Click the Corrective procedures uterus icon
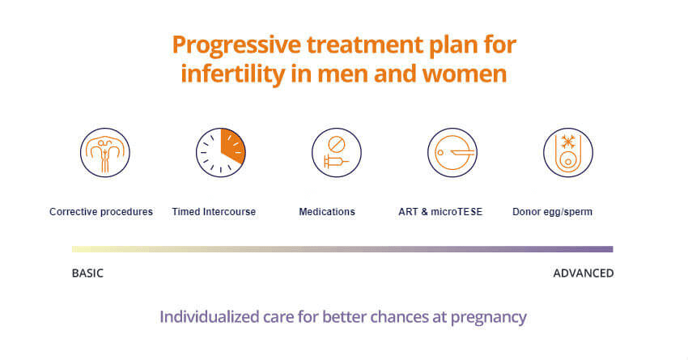click(105, 153)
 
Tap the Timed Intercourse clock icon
click(221, 153)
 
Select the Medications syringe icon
click(337, 153)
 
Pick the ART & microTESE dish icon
click(452, 153)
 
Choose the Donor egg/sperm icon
click(568, 153)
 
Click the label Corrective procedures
click(101, 212)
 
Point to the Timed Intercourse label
click(214, 212)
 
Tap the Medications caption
click(327, 212)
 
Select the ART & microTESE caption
click(440, 212)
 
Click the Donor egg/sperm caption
click(552, 212)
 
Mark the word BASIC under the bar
click(87, 273)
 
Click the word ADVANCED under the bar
click(584, 273)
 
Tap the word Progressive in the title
click(236, 45)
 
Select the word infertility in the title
click(233, 74)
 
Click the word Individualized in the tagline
click(210, 316)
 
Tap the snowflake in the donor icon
click(568, 142)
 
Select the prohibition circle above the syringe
click(337, 144)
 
